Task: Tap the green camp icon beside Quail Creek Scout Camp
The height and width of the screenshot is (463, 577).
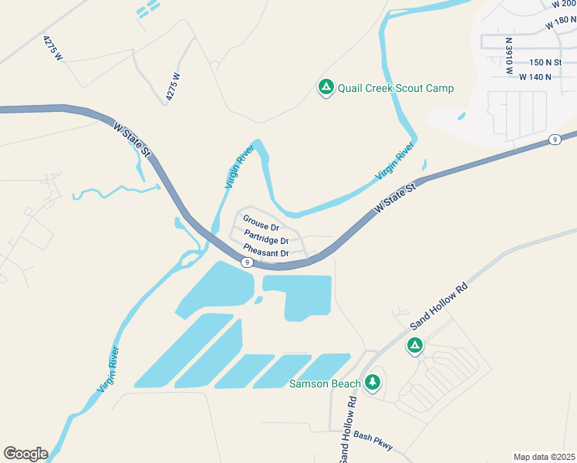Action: click(x=326, y=88)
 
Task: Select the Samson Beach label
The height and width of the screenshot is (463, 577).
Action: click(x=325, y=384)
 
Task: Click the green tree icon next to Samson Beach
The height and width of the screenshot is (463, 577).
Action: click(x=373, y=381)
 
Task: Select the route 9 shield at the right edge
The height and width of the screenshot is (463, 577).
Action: click(x=555, y=140)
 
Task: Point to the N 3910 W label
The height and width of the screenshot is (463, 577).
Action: click(x=509, y=56)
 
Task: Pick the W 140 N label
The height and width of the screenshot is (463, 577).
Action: click(x=535, y=77)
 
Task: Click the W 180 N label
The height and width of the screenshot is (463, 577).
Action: click(x=561, y=22)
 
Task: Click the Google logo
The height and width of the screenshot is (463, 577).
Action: click(x=25, y=453)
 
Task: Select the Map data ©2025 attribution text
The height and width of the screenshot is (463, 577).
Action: click(x=544, y=457)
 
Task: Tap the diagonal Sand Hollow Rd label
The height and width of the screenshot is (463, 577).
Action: click(x=440, y=304)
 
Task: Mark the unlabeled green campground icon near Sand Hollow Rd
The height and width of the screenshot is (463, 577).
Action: click(x=415, y=346)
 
